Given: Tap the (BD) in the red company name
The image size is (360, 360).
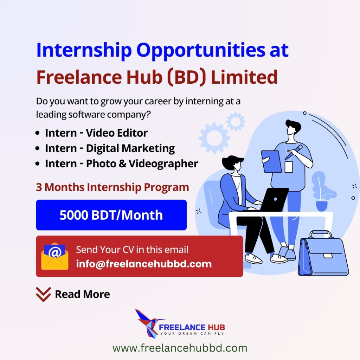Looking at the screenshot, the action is pos(186,77).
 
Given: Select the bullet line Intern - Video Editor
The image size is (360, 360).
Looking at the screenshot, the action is pos(96,133).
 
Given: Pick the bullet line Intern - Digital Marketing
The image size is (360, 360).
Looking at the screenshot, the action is pos(110,148).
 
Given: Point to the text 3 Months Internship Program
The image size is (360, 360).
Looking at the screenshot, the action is pos(112,187).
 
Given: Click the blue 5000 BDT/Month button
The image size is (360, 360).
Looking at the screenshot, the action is pos(111,215).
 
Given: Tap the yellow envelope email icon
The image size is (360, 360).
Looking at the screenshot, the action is pos(54,256).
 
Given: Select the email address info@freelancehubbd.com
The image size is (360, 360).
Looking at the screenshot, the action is pos(144,264).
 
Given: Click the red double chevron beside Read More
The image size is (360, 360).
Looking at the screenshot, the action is pos(43,294).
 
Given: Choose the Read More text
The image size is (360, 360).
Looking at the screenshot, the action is pos(82,294).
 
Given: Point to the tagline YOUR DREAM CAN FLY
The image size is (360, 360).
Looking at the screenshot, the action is pos(192,333).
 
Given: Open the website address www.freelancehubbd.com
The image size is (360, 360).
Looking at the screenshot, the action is pos(180,348).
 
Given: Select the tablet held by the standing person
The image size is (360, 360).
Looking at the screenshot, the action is pos(271,161).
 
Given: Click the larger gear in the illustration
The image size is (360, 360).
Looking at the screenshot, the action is pos(214,138).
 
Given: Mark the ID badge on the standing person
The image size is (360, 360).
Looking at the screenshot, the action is pos(289,167).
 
